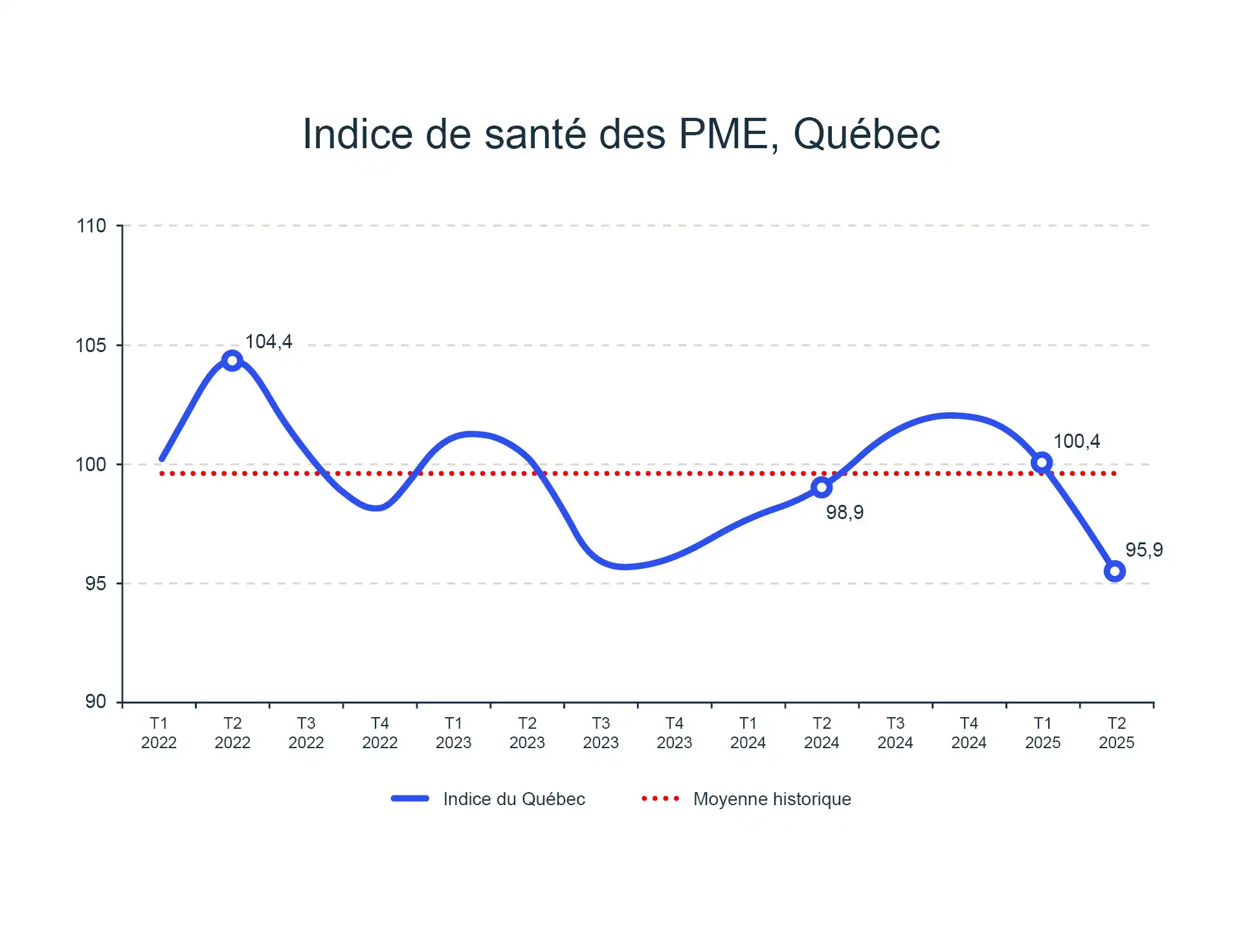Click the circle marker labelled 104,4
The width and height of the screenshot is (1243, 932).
pos(232,361)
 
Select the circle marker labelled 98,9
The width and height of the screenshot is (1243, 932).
pos(822,487)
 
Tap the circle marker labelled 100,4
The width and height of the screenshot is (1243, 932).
pos(1042,462)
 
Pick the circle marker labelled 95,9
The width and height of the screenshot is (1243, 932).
pos(1115,571)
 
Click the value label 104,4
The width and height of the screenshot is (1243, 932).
pos(269,342)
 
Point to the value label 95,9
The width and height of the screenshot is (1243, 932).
pos(1144,550)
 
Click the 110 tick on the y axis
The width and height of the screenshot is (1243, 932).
pos(91,226)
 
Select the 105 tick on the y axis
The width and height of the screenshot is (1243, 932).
pos(91,346)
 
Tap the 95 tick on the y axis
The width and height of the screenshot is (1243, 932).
pos(96,584)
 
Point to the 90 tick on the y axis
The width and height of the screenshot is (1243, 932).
pos(96,702)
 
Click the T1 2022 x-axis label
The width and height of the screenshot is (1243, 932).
pos(159,733)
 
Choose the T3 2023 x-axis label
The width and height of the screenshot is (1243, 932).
pos(601,733)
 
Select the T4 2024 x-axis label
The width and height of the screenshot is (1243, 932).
pos(969,733)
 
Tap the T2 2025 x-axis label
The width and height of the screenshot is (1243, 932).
pos(1116,733)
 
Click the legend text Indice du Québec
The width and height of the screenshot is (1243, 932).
pos(514,799)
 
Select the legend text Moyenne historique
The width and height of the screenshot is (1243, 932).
pos(772,799)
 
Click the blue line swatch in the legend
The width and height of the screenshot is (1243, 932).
pos(410,799)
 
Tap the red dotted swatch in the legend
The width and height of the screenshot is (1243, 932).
pos(660,799)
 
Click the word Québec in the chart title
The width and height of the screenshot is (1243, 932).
pos(866,135)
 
